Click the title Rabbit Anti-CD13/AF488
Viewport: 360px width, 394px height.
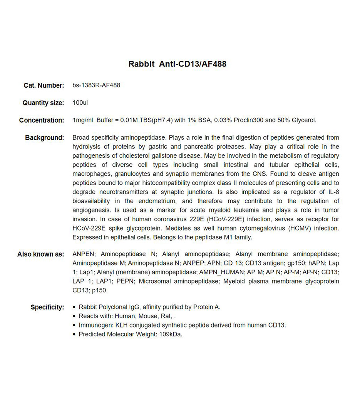tap(177, 64)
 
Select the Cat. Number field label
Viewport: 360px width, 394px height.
tap(44, 85)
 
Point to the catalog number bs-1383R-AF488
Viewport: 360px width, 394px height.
tap(96, 85)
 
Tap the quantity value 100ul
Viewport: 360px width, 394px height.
tap(80, 103)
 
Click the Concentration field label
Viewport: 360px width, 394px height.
tap(42, 120)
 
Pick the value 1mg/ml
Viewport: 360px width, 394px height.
tap(83, 120)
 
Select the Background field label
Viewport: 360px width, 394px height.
tap(45, 138)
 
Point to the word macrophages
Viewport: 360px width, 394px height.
tap(91, 174)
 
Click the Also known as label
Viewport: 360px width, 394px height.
tap(41, 254)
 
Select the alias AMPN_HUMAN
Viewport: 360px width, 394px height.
tap(221, 272)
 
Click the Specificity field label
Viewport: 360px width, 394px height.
tap(47, 307)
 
